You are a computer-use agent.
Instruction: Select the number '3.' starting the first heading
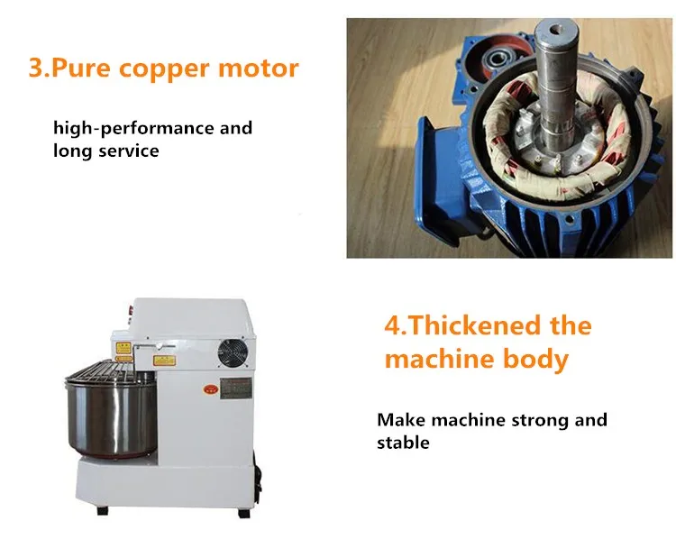(41, 68)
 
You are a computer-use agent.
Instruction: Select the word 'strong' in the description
(526, 420)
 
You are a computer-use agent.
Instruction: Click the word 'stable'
(403, 443)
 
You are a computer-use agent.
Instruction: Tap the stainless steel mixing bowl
(103, 416)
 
